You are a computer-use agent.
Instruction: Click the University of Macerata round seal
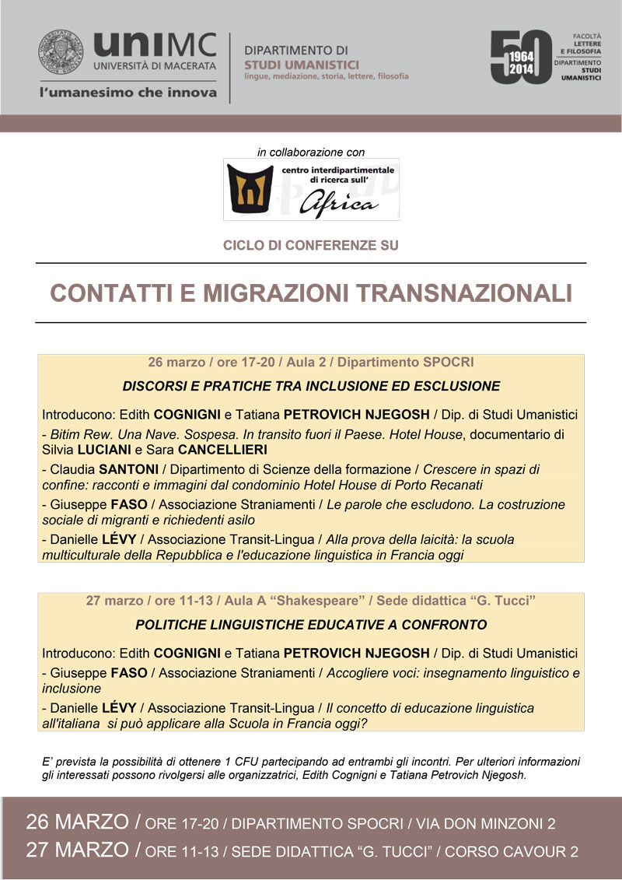pyautogui.click(x=63, y=52)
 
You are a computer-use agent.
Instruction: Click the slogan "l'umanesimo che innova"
pyautogui.click(x=128, y=93)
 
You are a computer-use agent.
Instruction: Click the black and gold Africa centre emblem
pyautogui.click(x=248, y=188)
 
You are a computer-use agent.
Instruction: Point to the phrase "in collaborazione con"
pyautogui.click(x=311, y=152)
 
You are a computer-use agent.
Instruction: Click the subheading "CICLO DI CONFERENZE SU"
pyautogui.click(x=311, y=246)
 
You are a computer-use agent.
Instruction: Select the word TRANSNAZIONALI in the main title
pyautogui.click(x=465, y=293)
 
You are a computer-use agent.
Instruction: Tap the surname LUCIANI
pyautogui.click(x=105, y=449)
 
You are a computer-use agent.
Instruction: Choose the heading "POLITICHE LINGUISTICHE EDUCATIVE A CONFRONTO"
pyautogui.click(x=311, y=625)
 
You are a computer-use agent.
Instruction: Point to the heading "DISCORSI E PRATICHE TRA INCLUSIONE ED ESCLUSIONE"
pyautogui.click(x=311, y=387)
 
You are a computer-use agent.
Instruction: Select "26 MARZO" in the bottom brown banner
pyautogui.click(x=76, y=822)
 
